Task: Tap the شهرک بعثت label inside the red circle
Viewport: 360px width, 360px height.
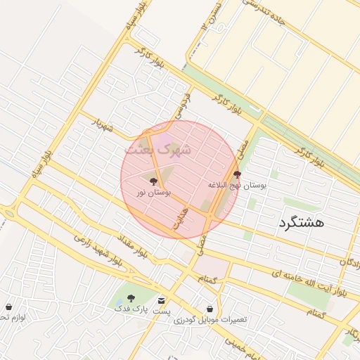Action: click(153, 149)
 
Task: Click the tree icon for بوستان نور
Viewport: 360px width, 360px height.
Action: click(154, 181)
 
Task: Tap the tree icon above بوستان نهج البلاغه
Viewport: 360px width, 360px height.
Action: click(236, 175)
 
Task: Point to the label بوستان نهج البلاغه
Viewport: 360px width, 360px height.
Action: click(236, 186)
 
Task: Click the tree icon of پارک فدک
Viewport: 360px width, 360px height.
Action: click(131, 298)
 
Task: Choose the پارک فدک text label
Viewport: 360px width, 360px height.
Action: click(131, 309)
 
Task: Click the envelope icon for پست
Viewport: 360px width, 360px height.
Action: click(162, 300)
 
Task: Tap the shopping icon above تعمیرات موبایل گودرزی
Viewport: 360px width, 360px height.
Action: click(210, 309)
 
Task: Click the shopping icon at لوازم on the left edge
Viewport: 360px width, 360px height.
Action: click(8, 307)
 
